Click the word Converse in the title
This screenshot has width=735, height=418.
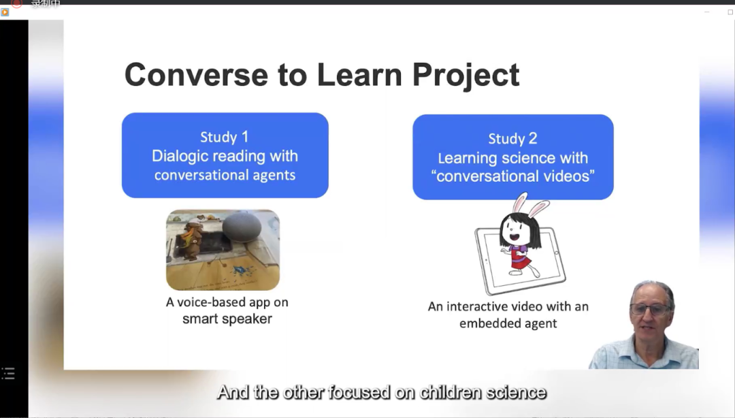196,75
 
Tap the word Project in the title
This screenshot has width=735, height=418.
465,76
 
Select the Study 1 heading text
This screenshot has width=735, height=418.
224,137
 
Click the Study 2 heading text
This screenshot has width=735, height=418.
513,139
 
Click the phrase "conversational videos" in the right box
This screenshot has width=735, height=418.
513,176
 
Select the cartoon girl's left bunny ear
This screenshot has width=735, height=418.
519,204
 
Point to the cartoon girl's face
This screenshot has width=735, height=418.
513,229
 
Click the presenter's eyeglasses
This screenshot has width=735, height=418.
651,310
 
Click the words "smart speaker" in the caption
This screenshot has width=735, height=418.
227,319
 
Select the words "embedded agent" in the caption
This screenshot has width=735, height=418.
508,323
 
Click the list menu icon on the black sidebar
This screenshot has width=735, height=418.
8,374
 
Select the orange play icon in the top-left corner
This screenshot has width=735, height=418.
5,12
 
